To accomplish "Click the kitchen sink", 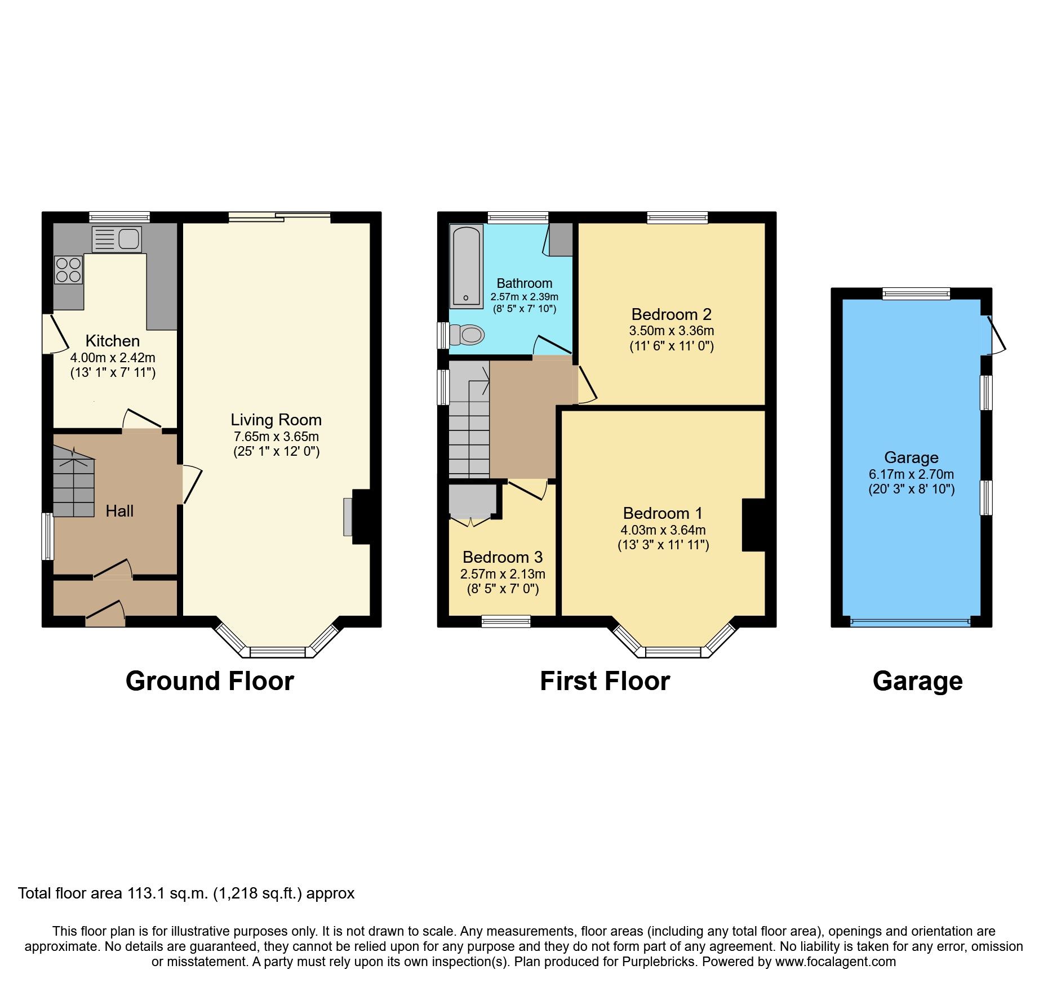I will point(117,239).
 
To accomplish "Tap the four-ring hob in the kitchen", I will point(68,270).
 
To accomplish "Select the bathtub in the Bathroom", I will point(467,266).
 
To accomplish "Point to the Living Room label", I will point(276,420).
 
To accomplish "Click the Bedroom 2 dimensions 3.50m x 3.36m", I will point(671,331).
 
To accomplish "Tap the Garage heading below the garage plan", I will point(917,681).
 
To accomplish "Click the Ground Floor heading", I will point(210,681).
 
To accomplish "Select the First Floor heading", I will point(605,681).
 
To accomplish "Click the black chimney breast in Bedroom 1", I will point(754,524).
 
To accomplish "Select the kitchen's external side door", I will point(55,334).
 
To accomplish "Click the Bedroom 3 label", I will point(502,557).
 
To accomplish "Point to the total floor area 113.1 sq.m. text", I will point(186,893).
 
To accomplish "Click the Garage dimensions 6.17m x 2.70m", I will point(911,474).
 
